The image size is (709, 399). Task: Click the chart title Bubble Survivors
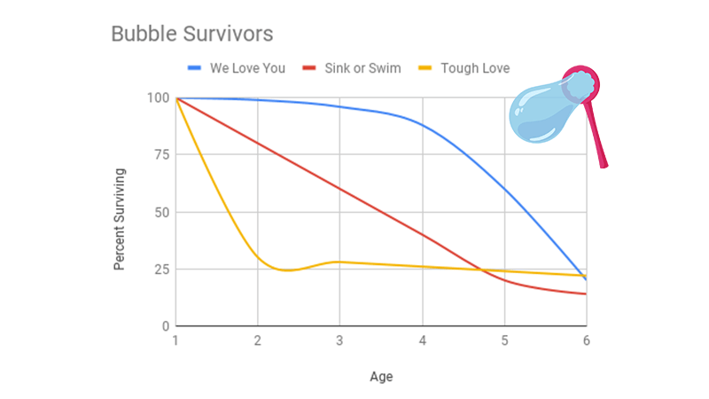pyautogui.click(x=191, y=34)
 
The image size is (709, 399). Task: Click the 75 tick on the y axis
pyautogui.click(x=160, y=155)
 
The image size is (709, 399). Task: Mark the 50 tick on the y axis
pyautogui.click(x=160, y=213)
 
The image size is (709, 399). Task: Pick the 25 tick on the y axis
pyautogui.click(x=160, y=270)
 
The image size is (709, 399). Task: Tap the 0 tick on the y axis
pyautogui.click(x=164, y=326)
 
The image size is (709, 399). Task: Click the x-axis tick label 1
pyautogui.click(x=175, y=341)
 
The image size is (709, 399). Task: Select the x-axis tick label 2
pyautogui.click(x=258, y=341)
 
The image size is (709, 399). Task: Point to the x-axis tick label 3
pyautogui.click(x=340, y=341)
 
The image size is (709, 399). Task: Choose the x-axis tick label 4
pyautogui.click(x=422, y=341)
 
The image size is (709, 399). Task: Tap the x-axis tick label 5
pyautogui.click(x=504, y=341)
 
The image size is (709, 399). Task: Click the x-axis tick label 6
pyautogui.click(x=586, y=341)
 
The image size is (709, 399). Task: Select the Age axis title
pyautogui.click(x=381, y=377)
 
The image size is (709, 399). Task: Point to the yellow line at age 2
pyautogui.click(x=258, y=257)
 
